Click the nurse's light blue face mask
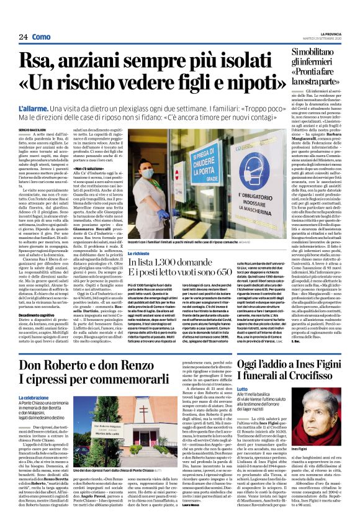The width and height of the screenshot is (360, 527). (x=148, y=173)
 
